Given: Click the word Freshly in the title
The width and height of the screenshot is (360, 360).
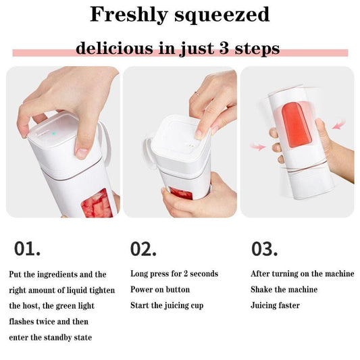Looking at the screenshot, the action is click(x=128, y=14).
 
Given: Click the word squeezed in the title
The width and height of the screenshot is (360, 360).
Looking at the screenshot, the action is click(x=222, y=15).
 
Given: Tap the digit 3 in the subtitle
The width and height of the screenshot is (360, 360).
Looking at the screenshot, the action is click(x=224, y=48).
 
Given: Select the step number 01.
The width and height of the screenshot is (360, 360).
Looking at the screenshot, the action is click(x=27, y=249).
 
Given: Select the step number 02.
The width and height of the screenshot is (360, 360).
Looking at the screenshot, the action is click(x=143, y=249).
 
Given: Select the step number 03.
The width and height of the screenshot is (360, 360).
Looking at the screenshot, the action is click(x=265, y=249).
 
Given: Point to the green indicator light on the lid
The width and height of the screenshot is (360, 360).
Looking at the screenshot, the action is click(x=53, y=133).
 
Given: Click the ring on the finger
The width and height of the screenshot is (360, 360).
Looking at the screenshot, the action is click(x=197, y=93).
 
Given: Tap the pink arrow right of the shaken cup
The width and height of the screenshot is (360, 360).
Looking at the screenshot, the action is click(x=338, y=124).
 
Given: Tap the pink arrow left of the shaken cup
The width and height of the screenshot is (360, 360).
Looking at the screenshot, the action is click(x=258, y=147).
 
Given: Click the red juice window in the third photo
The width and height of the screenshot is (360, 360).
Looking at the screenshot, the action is click(x=297, y=124).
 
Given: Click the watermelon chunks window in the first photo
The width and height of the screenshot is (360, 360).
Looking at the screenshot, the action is click(x=97, y=204).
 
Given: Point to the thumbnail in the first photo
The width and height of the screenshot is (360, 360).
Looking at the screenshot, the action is click(x=82, y=153).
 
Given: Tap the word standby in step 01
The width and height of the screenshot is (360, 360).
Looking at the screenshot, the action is click(x=57, y=338).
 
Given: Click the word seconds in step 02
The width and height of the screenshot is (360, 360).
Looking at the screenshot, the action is click(x=204, y=274).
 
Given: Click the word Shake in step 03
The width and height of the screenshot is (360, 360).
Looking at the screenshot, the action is click(x=261, y=290).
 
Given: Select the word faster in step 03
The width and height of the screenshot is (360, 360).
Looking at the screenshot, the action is click(x=288, y=305).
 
